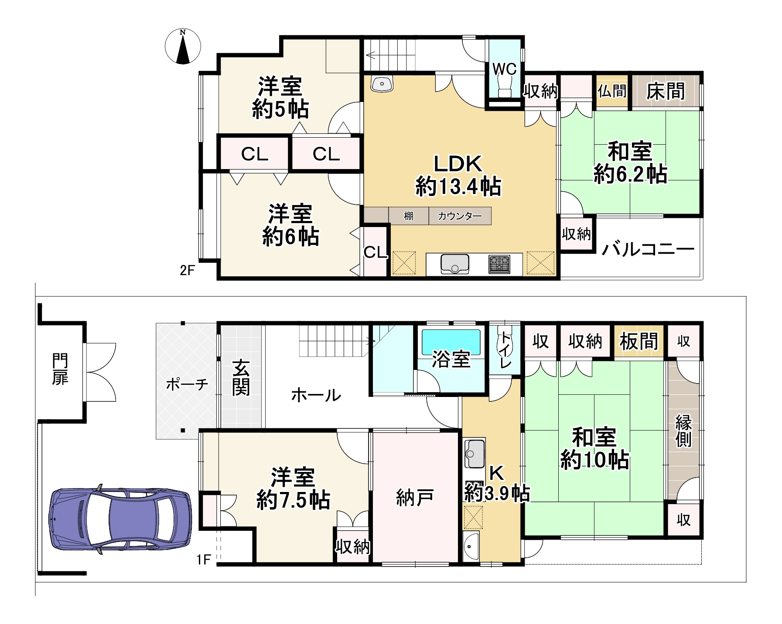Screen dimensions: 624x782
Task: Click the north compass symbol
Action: pyautogui.click(x=183, y=47)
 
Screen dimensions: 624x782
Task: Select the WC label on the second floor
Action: pyautogui.click(x=505, y=69)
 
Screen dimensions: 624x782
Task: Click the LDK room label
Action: pyautogui.click(x=458, y=164)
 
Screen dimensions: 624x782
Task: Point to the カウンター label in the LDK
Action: pyautogui.click(x=460, y=216)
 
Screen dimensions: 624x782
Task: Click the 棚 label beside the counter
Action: pyautogui.click(x=408, y=216)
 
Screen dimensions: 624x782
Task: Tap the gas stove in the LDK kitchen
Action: pyautogui.click(x=499, y=264)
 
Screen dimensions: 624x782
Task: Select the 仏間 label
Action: pyautogui.click(x=612, y=91)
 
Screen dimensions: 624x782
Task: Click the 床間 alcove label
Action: pyautogui.click(x=665, y=92)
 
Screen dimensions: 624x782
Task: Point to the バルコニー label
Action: pyautogui.click(x=648, y=250)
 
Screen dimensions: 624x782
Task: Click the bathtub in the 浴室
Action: pyautogui.click(x=451, y=342)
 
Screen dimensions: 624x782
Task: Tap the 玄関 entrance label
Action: pyautogui.click(x=241, y=377)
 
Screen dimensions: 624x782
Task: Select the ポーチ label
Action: pyautogui.click(x=187, y=384)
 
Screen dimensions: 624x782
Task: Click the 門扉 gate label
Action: pyautogui.click(x=60, y=370)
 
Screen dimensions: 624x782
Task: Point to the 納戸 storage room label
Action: pyautogui.click(x=414, y=497)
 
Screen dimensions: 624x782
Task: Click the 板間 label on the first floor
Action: pyautogui.click(x=639, y=341)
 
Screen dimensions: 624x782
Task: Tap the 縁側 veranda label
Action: pyautogui.click(x=683, y=431)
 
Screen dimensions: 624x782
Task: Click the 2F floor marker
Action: pyautogui.click(x=187, y=271)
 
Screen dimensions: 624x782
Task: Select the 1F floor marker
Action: pyautogui.click(x=204, y=559)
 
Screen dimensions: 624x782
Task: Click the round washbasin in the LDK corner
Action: pyautogui.click(x=382, y=83)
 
